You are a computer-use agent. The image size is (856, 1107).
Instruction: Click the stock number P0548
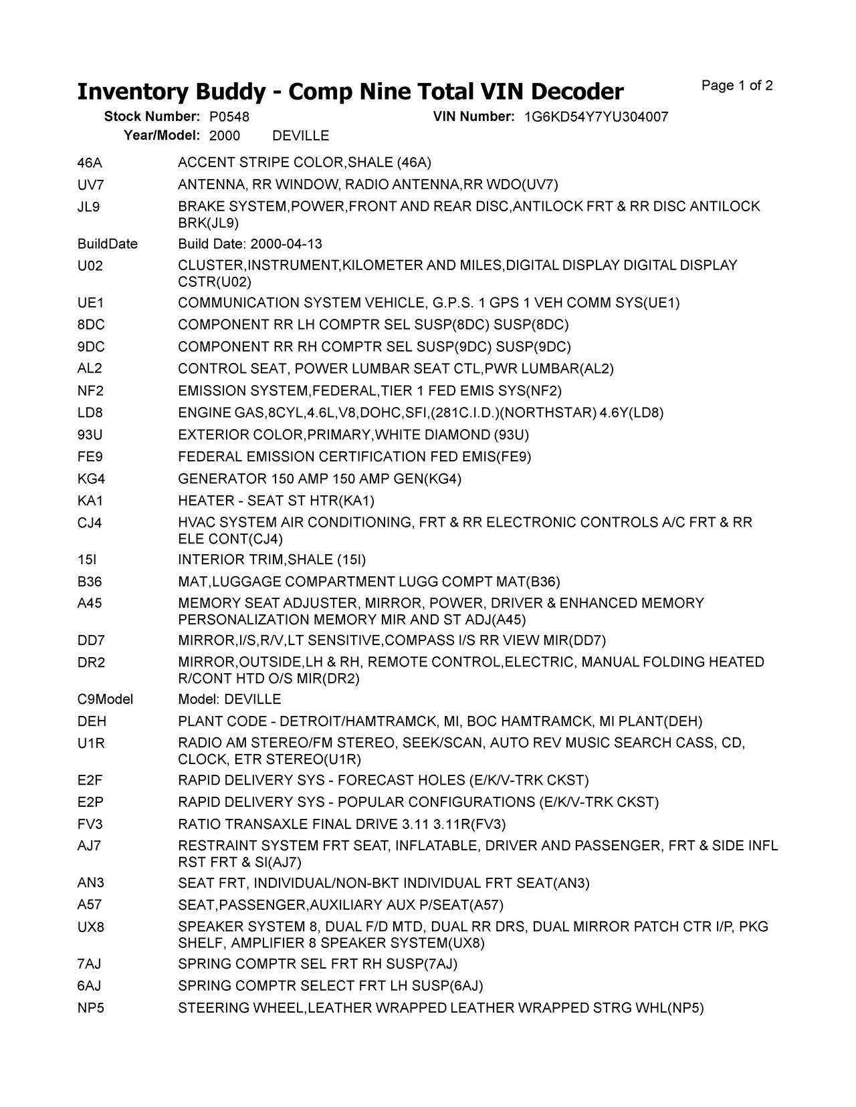pos(229,117)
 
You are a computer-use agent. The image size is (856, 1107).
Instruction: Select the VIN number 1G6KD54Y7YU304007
pos(595,117)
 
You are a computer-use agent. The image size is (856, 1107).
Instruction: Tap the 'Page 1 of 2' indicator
pos(737,86)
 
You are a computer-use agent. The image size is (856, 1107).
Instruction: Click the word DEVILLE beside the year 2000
pos(301,136)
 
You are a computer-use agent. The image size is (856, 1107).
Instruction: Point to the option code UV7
pos(91,184)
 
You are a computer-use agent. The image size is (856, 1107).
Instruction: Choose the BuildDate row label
pos(108,244)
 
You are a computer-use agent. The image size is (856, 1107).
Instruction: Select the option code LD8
pos(90,412)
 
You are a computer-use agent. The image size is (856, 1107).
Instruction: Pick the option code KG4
pos(91,479)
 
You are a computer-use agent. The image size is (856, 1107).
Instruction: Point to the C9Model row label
pos(106,699)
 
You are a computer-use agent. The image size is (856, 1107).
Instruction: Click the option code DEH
pos(92,721)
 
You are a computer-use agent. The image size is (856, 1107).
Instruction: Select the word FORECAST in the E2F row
pos(380,780)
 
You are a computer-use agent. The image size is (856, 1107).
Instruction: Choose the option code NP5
pos(91,1007)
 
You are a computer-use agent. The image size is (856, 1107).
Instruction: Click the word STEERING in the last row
pos(213,1007)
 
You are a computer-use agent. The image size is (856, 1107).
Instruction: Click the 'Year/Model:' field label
pos(162,136)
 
